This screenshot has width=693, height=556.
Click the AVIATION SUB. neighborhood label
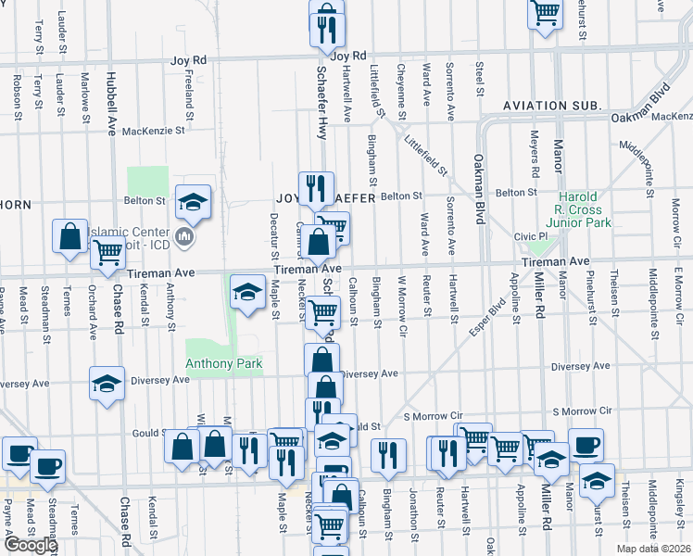(553, 107)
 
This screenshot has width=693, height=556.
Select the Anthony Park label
(224, 364)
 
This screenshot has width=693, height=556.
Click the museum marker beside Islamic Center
(183, 237)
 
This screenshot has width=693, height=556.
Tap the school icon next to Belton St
(193, 201)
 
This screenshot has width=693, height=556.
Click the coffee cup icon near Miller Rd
(586, 444)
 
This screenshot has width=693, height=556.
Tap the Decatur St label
(274, 235)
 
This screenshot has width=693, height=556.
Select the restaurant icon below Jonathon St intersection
(387, 453)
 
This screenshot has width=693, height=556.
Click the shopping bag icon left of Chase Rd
(69, 236)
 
